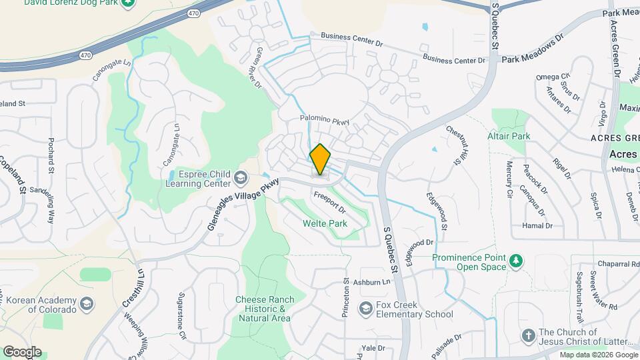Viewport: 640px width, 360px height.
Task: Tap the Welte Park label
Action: coord(325,224)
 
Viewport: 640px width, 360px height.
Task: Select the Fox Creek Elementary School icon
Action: coord(365,308)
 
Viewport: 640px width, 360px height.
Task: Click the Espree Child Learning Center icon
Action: coord(240,179)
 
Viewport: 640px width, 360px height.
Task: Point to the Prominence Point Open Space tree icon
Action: coord(515,261)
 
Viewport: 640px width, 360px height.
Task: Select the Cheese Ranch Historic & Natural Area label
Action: coord(263,309)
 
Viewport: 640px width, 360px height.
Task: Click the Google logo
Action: coord(22,352)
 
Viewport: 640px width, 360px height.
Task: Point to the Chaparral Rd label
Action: coord(615,264)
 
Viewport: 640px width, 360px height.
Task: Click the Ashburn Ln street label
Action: coord(373,283)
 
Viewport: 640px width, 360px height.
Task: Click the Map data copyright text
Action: coord(598,355)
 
